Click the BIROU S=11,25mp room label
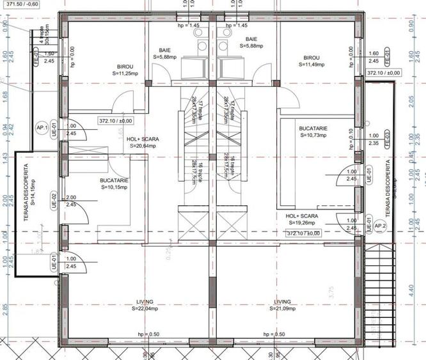(x=125, y=70)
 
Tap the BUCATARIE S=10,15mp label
(x=114, y=185)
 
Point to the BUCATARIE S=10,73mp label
(x=313, y=132)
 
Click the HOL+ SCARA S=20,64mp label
(x=143, y=142)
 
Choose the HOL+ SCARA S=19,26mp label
(x=302, y=220)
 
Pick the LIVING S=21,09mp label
(x=282, y=305)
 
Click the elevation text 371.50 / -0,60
(x=20, y=4)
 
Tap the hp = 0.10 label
(x=351, y=139)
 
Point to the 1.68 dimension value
(x=6, y=97)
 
